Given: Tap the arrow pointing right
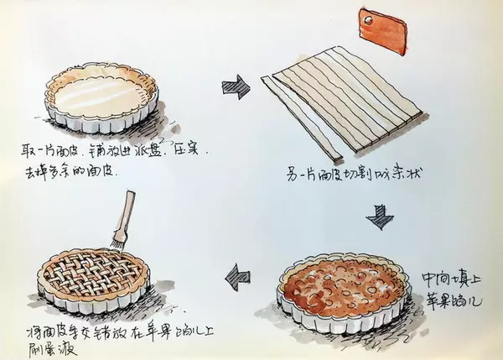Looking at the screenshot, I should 236,86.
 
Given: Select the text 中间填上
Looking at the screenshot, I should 449,274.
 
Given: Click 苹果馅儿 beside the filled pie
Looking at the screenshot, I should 453,295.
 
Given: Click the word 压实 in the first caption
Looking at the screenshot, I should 182,152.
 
